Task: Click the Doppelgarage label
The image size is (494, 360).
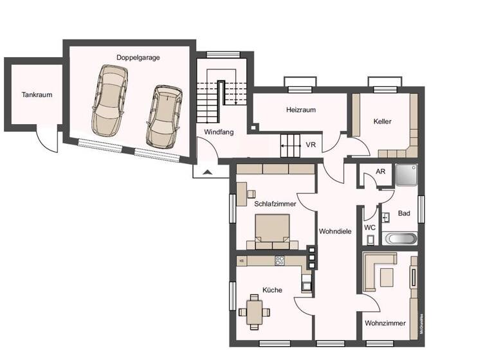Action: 138,57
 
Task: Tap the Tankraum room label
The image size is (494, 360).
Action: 37,94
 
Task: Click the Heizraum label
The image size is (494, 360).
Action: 300,110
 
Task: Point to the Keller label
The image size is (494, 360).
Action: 382,121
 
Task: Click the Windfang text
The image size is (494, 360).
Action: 218,132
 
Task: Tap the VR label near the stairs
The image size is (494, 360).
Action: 311,145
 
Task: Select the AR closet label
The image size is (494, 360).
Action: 381,172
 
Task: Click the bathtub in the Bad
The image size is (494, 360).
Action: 400,238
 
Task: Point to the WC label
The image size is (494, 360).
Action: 370,227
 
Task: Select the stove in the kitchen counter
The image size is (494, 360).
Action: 280,260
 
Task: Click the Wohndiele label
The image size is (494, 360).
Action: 334,231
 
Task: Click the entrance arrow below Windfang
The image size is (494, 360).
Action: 206,172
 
